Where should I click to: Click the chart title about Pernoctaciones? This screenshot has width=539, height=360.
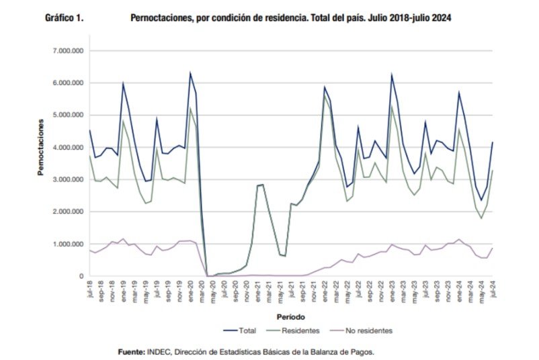tap(290, 19)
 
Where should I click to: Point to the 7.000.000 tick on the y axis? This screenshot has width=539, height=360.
tap(67, 51)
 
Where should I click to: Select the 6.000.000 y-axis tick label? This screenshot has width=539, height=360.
tap(67, 83)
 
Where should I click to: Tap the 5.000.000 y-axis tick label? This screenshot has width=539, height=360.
tap(67, 116)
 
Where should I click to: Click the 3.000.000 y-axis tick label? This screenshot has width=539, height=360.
tap(67, 179)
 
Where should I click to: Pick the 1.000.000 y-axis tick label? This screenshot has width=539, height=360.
tap(67, 244)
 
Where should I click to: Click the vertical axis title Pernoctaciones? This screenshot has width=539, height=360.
tap(41, 144)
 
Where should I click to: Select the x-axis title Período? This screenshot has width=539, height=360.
tap(292, 316)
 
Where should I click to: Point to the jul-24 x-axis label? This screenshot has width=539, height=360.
tap(493, 289)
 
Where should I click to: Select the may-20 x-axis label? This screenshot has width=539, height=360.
tap(213, 290)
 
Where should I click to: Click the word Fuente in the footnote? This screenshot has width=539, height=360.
tap(133, 351)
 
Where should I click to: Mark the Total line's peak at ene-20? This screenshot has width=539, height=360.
tap(190, 73)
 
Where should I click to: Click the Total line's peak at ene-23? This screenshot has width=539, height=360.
tap(392, 74)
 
